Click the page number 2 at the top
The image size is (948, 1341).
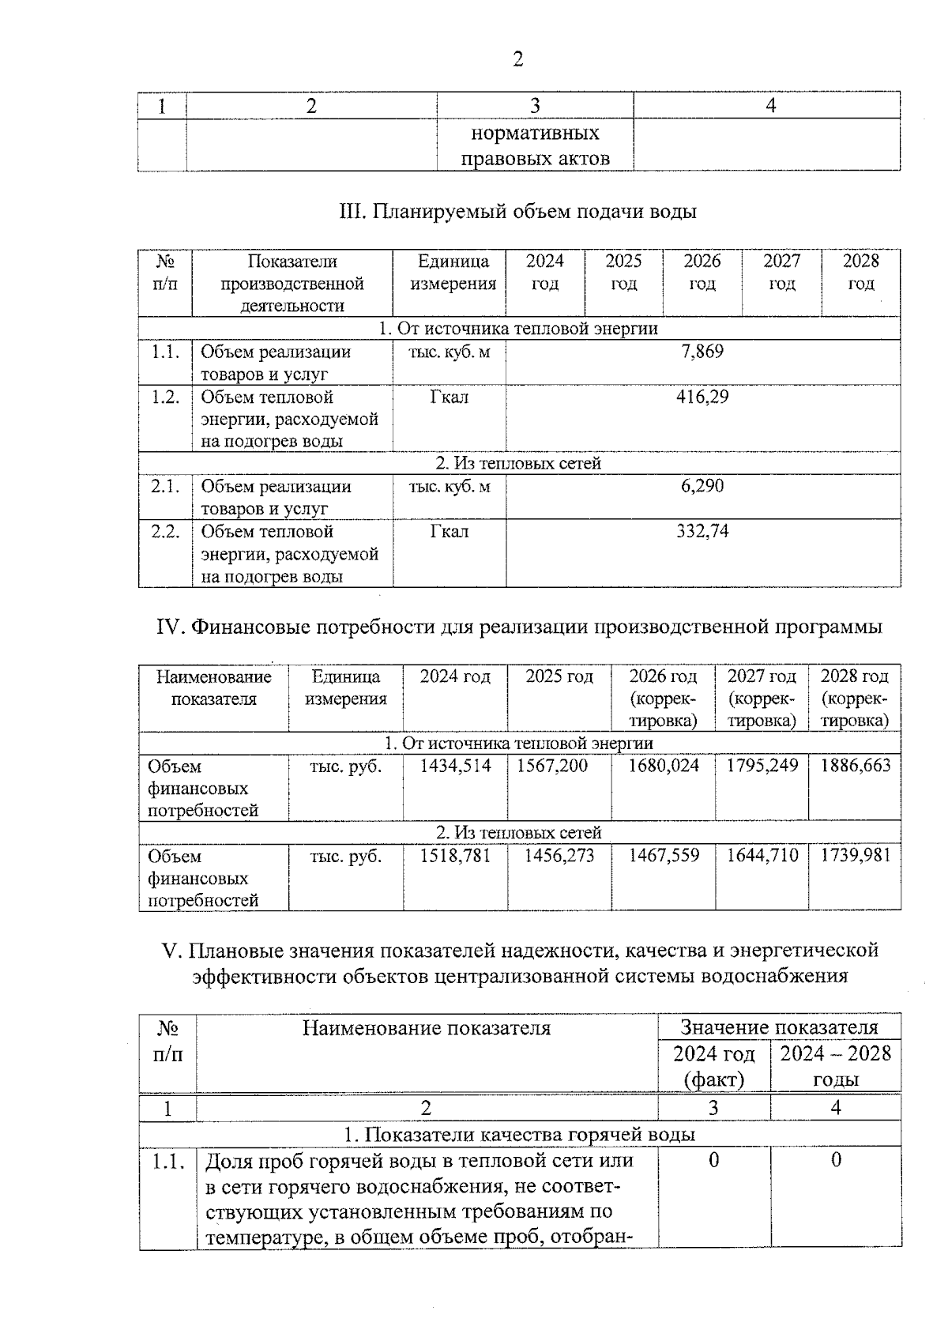point(517,60)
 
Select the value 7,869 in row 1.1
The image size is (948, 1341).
point(702,352)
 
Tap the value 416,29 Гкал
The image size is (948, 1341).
point(702,397)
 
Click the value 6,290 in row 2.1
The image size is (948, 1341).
point(702,486)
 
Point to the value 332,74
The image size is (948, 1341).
point(702,531)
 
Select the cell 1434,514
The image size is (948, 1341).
point(455,766)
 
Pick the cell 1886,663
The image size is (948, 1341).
point(855,766)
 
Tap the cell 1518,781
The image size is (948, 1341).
point(455,856)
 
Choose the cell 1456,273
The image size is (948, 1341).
point(559,856)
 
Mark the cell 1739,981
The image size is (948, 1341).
point(855,856)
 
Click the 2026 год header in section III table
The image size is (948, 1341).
point(702,272)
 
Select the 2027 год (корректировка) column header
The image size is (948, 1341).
point(762,698)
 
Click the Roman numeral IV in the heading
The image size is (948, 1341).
point(171,627)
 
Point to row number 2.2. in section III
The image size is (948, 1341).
point(165,532)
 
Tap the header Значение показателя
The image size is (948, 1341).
point(779,1027)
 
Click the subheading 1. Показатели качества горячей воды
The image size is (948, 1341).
point(519,1134)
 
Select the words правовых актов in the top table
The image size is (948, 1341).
point(535,159)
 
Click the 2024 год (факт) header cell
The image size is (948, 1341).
point(713,1066)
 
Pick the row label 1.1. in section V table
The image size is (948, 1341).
point(167,1161)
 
